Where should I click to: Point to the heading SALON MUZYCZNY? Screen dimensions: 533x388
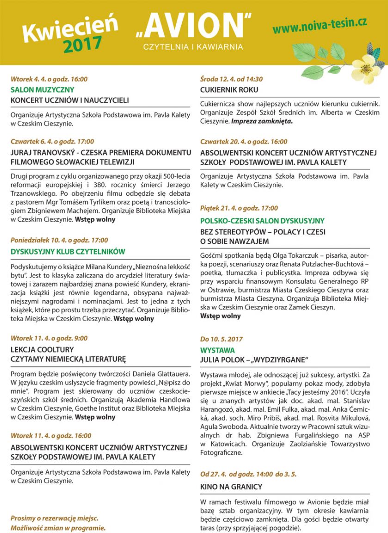tap(42, 90)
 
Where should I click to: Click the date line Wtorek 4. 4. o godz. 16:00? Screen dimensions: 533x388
tap(49, 79)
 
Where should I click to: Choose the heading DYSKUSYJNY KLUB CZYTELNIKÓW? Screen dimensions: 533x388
tap(68, 252)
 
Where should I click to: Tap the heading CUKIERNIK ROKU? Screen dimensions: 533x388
tap(229, 90)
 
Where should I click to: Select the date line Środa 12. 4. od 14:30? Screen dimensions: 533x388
tap(231, 79)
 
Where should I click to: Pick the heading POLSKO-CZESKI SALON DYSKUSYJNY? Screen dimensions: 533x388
tap(262, 221)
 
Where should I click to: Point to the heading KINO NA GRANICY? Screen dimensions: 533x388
tap(231, 487)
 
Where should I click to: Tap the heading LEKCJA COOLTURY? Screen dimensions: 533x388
tap(42, 349)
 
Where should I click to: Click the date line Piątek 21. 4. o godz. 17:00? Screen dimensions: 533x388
tap(239, 208)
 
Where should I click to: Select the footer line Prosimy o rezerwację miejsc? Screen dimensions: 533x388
tap(55, 518)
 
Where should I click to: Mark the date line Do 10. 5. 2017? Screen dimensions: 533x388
tap(222, 339)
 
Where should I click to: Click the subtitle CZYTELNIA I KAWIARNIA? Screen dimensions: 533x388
tap(193, 47)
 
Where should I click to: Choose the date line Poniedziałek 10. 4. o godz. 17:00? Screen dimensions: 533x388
tap(59, 240)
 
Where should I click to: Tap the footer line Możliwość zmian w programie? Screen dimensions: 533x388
tap(58, 527)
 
